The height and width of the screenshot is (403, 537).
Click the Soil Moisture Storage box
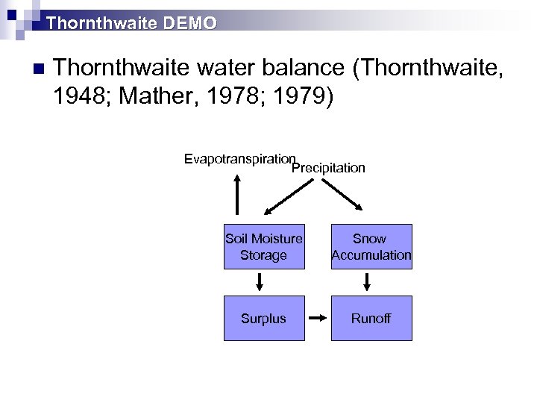click(263, 247)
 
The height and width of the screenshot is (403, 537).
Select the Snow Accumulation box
click(371, 247)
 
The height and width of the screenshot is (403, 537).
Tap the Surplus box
click(263, 319)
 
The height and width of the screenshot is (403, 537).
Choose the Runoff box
click(371, 319)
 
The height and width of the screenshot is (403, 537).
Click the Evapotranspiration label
click(239, 159)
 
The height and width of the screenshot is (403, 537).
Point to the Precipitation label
click(328, 168)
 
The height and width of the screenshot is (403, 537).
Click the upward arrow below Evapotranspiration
click(237, 194)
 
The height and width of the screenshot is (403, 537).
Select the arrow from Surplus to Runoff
click(318, 319)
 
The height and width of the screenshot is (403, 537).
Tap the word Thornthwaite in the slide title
click(93, 23)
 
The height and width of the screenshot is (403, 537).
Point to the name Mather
click(163, 97)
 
